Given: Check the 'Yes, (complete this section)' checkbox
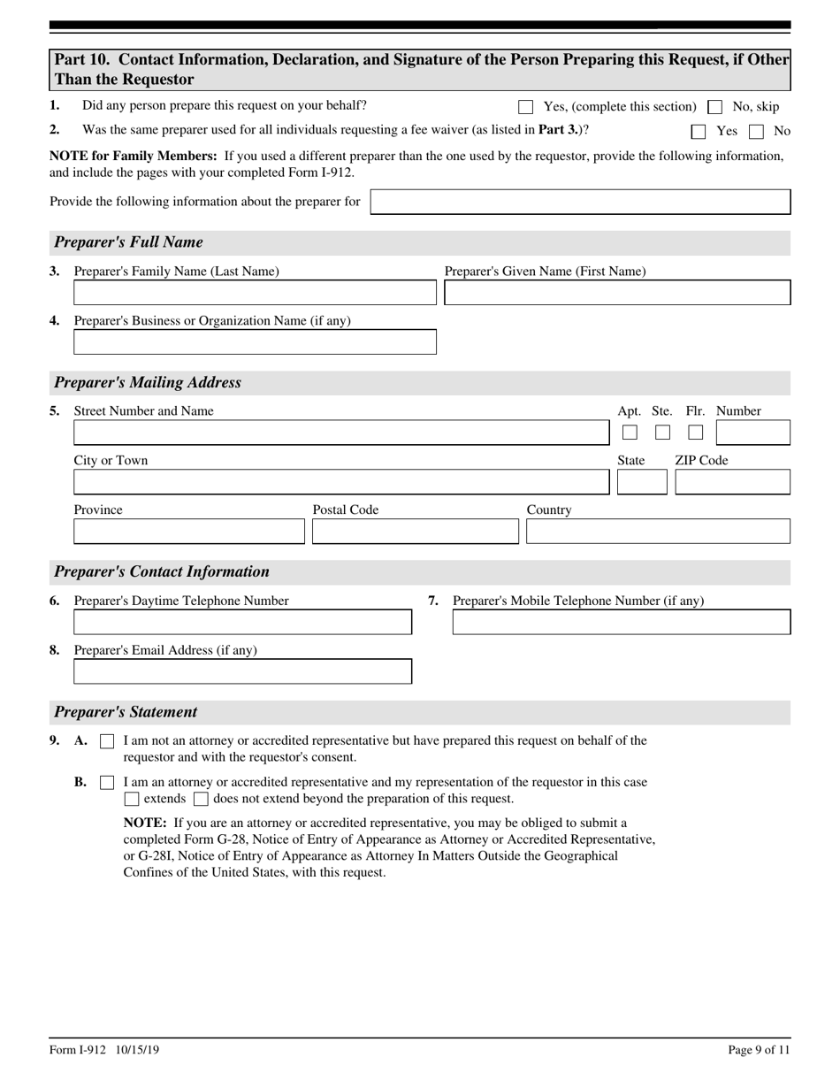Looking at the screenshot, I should click(x=526, y=107).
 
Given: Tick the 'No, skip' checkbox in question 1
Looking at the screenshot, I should click(x=715, y=107).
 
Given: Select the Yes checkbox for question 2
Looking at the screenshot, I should click(x=699, y=132).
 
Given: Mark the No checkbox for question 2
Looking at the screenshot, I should click(x=756, y=132).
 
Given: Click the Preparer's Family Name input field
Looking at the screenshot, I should click(x=255, y=293).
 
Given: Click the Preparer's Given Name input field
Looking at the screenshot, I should click(x=617, y=293).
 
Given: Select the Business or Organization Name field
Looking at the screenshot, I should click(x=255, y=342).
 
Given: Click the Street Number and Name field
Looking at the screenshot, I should click(x=341, y=433).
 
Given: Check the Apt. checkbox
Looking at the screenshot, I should click(x=630, y=433).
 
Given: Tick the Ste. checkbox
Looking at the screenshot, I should click(x=662, y=433).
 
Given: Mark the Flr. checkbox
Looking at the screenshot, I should click(x=696, y=433).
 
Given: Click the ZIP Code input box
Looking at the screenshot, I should click(x=732, y=482).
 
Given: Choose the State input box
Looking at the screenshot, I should click(x=642, y=482).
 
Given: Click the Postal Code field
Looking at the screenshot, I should click(x=416, y=532).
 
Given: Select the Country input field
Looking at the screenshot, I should click(x=658, y=532).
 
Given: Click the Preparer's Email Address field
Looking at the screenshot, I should click(x=242, y=671).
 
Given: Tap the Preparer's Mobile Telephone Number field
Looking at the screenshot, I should click(x=622, y=622).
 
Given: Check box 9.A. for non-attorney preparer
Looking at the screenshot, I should click(x=107, y=741).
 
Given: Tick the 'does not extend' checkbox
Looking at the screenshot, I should click(x=201, y=800).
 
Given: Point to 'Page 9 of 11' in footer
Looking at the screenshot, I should click(x=759, y=1050).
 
